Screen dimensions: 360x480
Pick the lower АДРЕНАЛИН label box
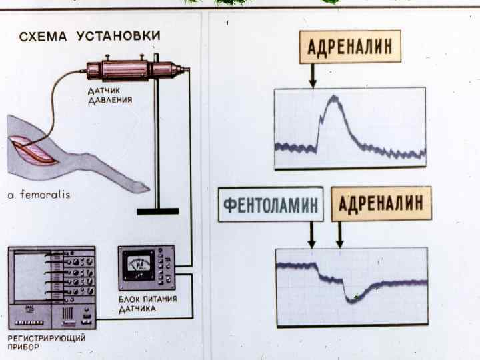[x=381, y=203]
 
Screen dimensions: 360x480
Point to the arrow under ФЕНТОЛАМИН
[x=311, y=234]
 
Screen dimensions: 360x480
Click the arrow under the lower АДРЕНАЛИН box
[x=340, y=234]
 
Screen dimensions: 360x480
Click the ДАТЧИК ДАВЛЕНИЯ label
[x=110, y=96]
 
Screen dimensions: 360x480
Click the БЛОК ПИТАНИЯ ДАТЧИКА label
[x=147, y=304]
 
